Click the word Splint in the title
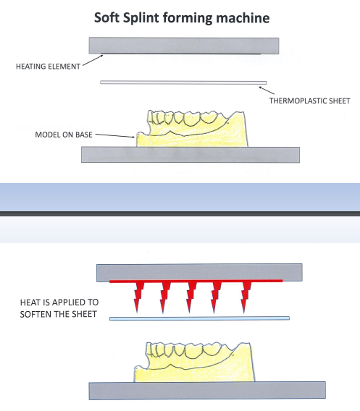[x=141, y=18]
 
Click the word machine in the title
[x=243, y=18]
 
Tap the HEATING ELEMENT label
[x=48, y=67]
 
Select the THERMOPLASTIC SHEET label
[x=309, y=101]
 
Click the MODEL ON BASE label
[x=64, y=135]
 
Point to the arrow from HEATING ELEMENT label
[x=93, y=60]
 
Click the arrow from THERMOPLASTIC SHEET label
[x=267, y=90]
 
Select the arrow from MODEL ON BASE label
[x=115, y=135]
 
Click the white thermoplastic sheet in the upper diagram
[x=183, y=82]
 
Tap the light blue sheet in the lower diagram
[x=199, y=318]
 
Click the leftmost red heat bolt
[x=138, y=297]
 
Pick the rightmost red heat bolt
[x=246, y=297]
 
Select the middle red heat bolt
[x=191, y=297]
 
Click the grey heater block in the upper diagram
[x=184, y=46]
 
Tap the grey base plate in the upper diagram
[x=191, y=155]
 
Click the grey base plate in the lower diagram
[x=207, y=391]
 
